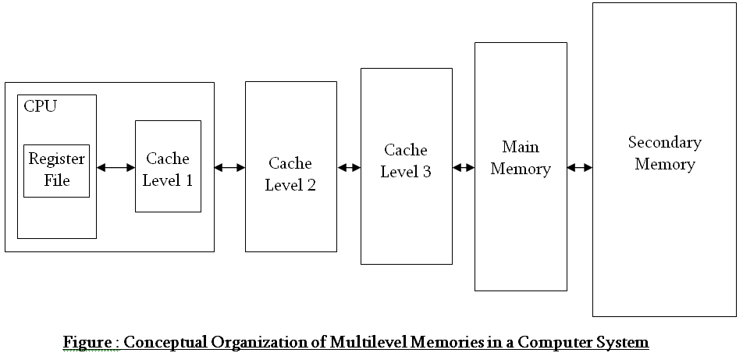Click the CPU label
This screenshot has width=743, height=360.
click(41, 106)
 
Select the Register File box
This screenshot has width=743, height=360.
click(56, 170)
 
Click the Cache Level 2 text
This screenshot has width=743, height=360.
click(290, 174)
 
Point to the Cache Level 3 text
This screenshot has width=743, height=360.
click(406, 161)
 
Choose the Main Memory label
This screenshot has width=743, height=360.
click(521, 158)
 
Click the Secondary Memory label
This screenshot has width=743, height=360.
click(664, 153)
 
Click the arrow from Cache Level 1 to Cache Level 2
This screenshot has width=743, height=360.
click(229, 167)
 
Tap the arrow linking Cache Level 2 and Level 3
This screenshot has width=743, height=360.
click(349, 167)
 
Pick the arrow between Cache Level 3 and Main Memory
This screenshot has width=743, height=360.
click(464, 167)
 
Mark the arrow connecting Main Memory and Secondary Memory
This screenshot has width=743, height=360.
click(579, 167)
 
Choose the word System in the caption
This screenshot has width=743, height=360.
click(624, 343)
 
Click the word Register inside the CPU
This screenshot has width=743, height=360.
click(56, 159)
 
